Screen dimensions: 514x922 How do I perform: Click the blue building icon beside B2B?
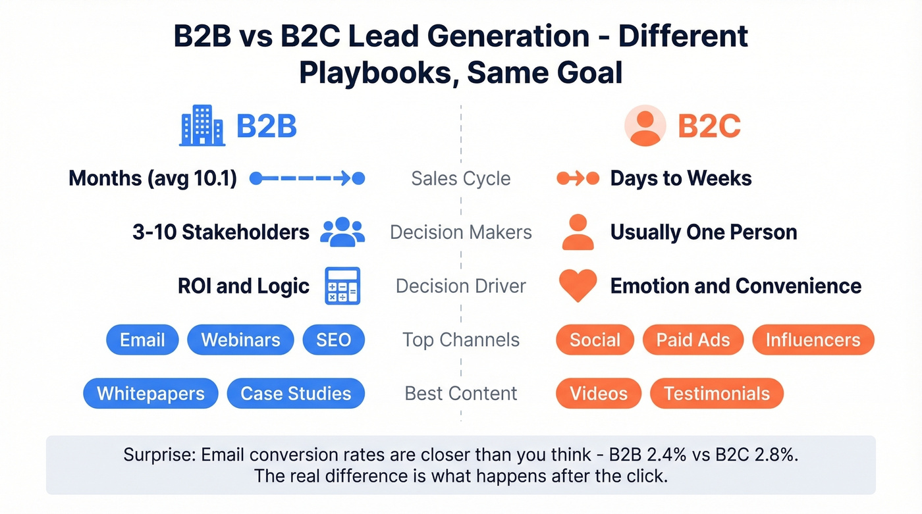click(202, 126)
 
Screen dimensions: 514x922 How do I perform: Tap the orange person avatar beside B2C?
click(645, 126)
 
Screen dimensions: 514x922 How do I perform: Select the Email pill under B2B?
click(142, 340)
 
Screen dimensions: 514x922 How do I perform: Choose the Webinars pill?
click(240, 340)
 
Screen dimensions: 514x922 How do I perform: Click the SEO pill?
click(333, 340)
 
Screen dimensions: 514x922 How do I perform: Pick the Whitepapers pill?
click(151, 394)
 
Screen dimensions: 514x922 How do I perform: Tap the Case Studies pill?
click(296, 394)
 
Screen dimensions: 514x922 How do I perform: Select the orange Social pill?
click(595, 340)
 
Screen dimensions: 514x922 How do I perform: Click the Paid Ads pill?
click(693, 340)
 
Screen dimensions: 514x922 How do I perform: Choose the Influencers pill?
click(813, 340)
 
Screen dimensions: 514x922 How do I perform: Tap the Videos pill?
click(598, 394)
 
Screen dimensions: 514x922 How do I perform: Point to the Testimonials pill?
click(717, 394)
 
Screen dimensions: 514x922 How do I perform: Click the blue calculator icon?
click(342, 286)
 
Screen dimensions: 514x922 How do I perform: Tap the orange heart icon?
click(578, 286)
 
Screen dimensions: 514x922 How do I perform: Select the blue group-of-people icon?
click(342, 232)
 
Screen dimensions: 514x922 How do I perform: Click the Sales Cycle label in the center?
click(460, 178)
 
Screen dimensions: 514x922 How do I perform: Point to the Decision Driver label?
click(460, 286)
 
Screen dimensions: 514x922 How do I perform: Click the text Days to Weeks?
click(681, 178)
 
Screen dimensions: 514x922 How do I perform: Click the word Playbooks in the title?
click(377, 72)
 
